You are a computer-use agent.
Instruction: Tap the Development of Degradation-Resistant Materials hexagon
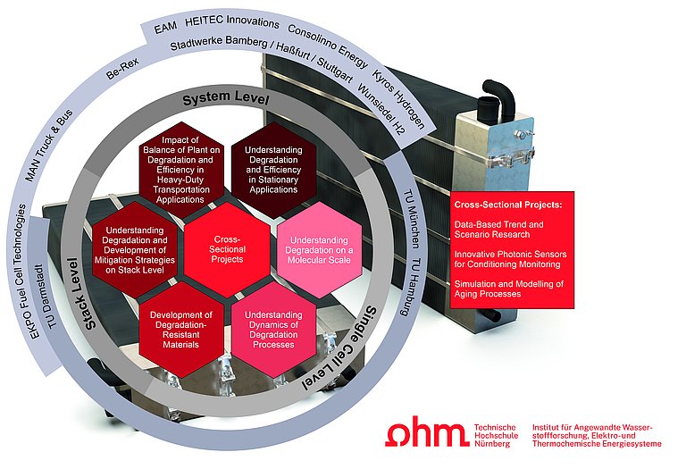tap(181, 328)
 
